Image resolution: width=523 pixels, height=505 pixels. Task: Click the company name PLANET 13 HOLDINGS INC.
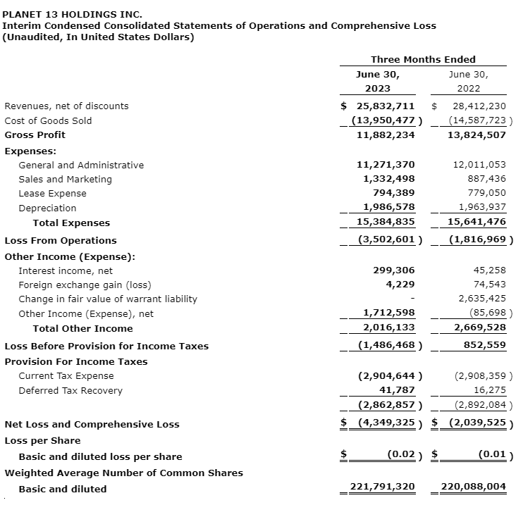[73, 13]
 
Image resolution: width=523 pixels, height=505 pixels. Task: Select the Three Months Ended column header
[423, 59]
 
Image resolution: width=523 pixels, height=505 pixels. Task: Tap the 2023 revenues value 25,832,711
[386, 106]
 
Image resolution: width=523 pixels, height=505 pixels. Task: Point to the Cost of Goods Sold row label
[48, 120]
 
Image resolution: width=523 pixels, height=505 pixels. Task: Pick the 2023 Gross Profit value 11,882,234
[386, 135]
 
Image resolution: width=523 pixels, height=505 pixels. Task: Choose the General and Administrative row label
[81, 165]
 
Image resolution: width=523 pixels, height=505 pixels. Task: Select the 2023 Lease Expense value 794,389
[394, 193]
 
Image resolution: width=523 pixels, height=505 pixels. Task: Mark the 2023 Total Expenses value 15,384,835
[386, 223]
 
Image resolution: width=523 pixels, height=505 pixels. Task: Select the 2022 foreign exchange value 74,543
[489, 285]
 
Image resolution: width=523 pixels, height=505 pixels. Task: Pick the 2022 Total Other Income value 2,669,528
[476, 328]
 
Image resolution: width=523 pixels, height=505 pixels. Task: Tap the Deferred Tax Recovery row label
[70, 391]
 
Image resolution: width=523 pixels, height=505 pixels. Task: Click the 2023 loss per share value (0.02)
[401, 456]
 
